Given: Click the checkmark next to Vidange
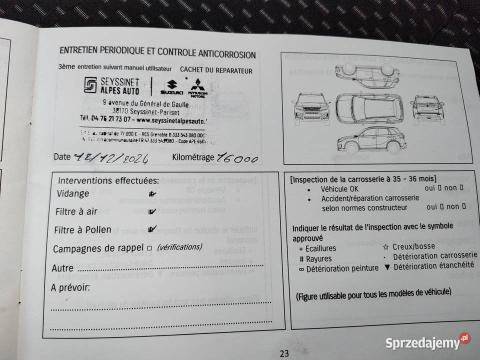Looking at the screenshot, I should [151, 193].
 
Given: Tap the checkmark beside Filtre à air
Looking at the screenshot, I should [152, 211].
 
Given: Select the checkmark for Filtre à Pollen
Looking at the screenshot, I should [152, 229].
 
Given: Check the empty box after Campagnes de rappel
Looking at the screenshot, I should [149, 248].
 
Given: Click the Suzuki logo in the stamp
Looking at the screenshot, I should [171, 87].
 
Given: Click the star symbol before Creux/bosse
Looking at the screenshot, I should [385, 246].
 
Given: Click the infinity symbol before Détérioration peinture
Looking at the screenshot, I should [301, 268].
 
